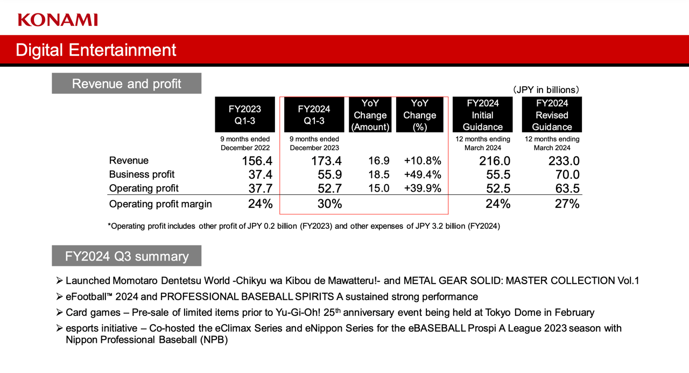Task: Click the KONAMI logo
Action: [58, 20]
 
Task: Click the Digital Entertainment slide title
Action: [96, 50]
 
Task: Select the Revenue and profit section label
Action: [126, 83]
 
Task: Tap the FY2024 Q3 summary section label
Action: [126, 256]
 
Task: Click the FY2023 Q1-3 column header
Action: [245, 115]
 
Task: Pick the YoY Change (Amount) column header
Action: [370, 115]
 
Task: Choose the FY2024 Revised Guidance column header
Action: [552, 115]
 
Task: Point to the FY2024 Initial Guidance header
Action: [483, 115]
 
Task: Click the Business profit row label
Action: [142, 174]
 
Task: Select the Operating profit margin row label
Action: [160, 204]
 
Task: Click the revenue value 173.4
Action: [325, 161]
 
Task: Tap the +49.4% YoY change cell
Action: [423, 174]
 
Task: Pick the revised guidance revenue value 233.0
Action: [564, 161]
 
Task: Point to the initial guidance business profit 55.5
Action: [495, 174]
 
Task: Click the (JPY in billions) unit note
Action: [546, 90]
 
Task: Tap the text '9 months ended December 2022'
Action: [245, 143]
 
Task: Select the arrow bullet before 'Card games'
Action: [59, 312]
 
